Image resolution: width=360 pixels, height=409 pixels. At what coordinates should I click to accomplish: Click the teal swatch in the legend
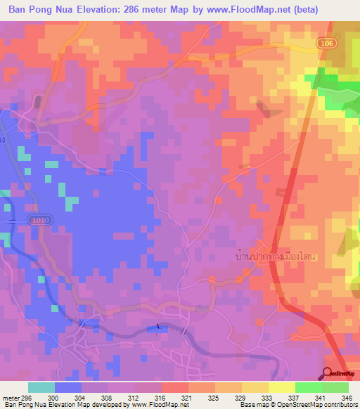point(41,387)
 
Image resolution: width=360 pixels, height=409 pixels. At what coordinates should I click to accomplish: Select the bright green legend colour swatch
point(308,387)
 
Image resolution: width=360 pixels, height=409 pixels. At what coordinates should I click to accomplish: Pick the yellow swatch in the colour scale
point(281,387)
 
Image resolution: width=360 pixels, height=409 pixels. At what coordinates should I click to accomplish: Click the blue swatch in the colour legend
point(68,387)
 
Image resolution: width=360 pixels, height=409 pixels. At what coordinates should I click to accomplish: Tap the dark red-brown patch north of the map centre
point(264,109)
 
